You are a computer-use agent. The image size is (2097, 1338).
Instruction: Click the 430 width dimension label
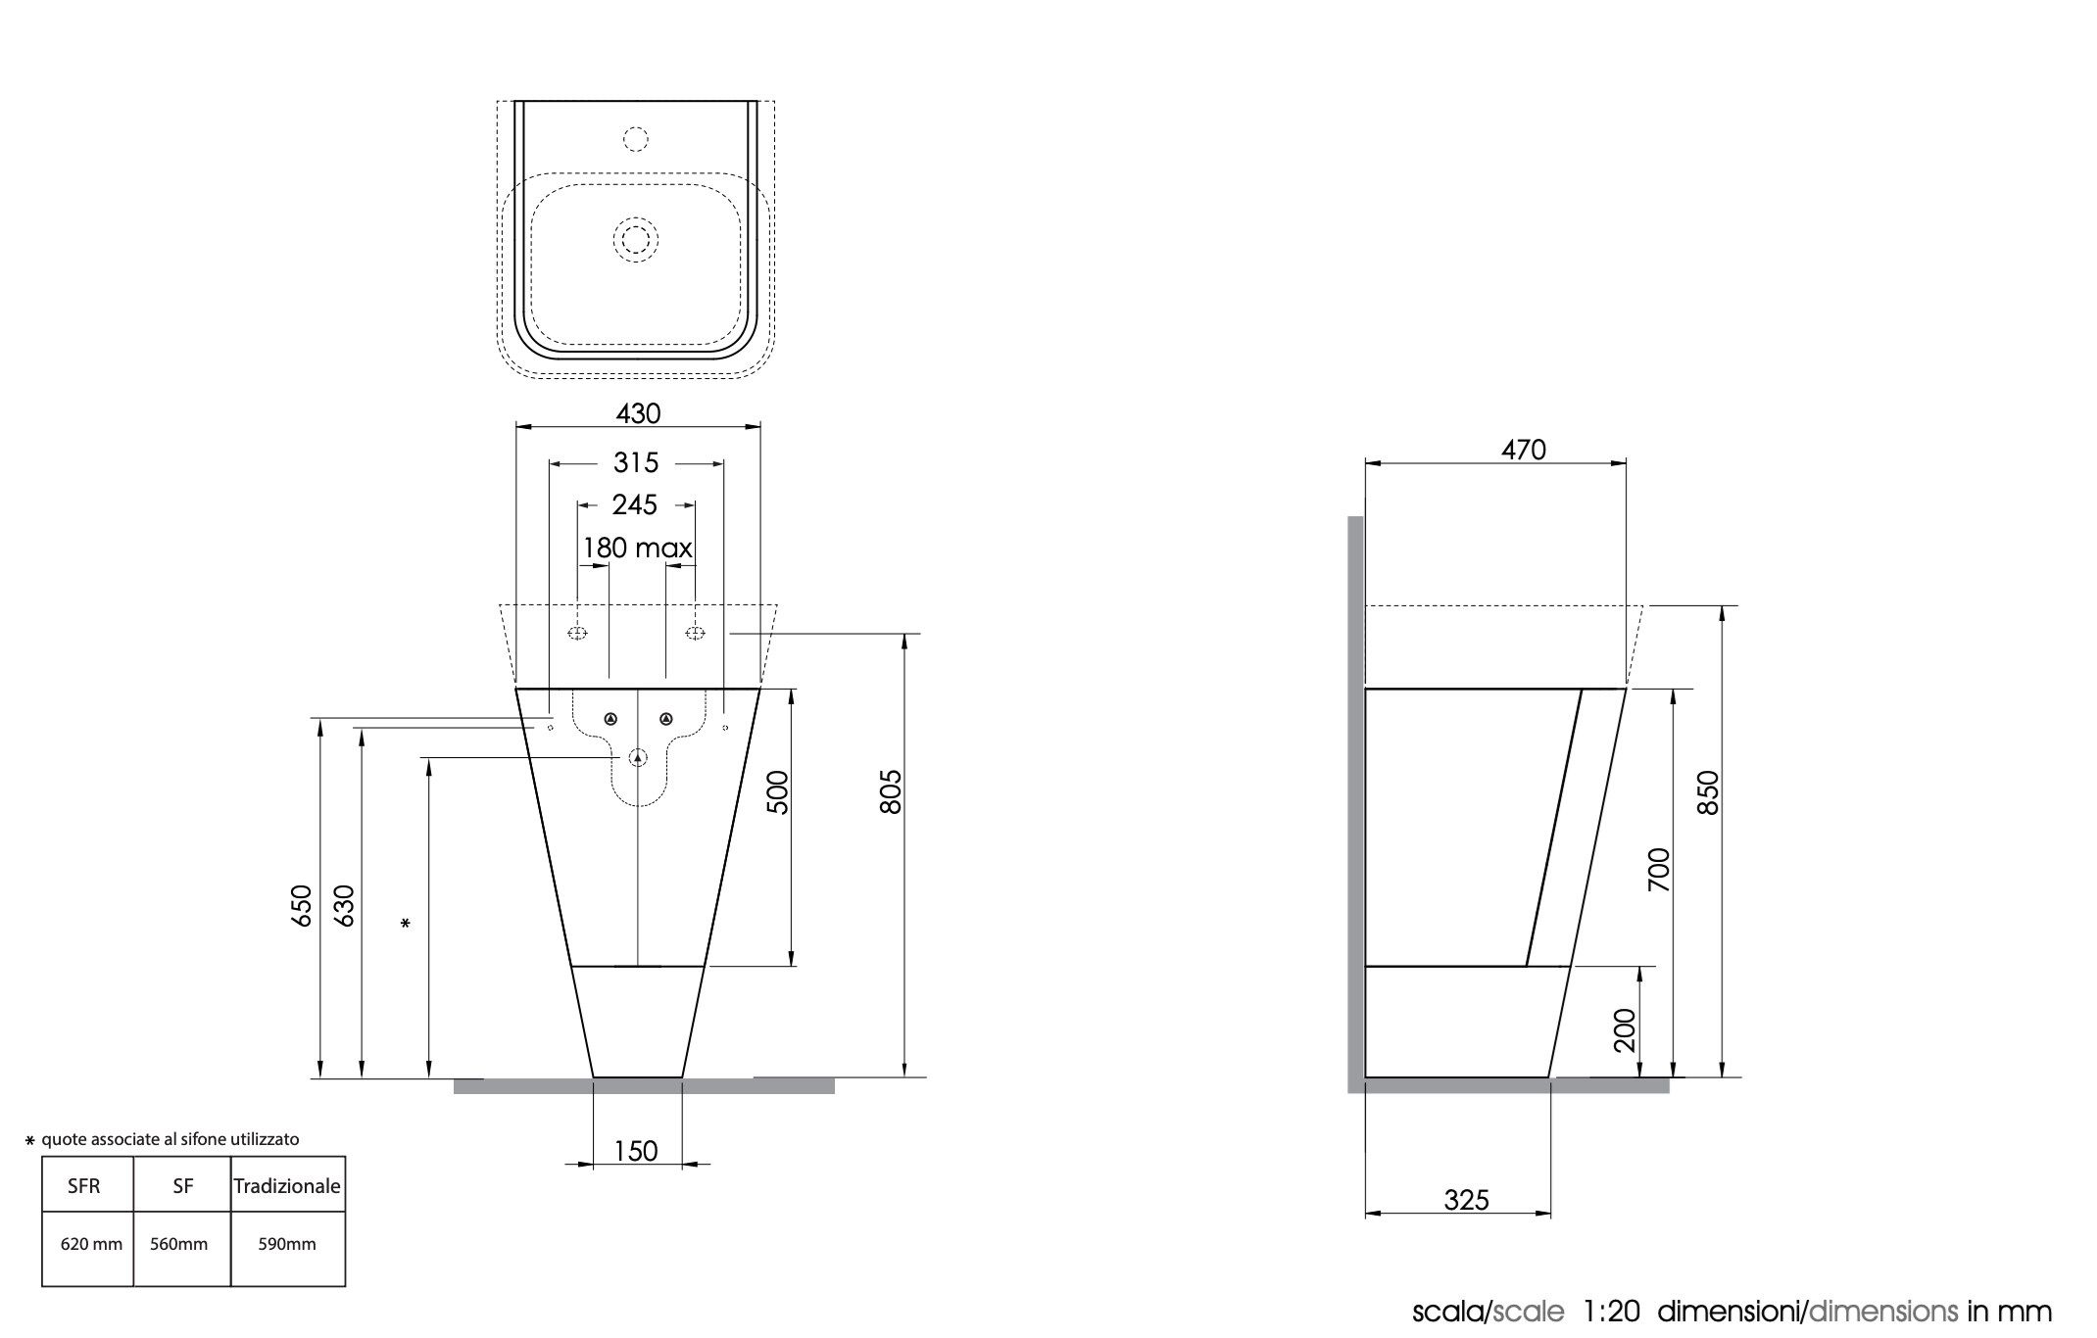pyautogui.click(x=638, y=413)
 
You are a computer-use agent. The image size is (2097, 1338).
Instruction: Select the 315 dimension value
pyautogui.click(x=636, y=462)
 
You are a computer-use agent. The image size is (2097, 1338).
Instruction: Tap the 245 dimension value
pyautogui.click(x=635, y=504)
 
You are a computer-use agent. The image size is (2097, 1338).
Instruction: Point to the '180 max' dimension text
pyautogui.click(x=638, y=548)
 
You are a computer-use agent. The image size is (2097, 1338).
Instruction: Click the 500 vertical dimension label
pyautogui.click(x=777, y=792)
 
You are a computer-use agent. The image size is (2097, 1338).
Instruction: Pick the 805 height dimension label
pyautogui.click(x=890, y=792)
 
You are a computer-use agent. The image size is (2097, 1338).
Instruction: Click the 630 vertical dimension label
pyautogui.click(x=343, y=905)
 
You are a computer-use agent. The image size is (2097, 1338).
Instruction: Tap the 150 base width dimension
pyautogui.click(x=636, y=1151)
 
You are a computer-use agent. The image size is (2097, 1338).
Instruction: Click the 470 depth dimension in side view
pyautogui.click(x=1524, y=450)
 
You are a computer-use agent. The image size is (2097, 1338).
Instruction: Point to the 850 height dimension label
pyautogui.click(x=1707, y=792)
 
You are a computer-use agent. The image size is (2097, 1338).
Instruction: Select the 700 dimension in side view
pyautogui.click(x=1658, y=870)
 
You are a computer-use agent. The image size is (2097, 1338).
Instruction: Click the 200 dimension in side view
pyautogui.click(x=1624, y=1030)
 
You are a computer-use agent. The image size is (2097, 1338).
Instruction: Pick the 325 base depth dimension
pyautogui.click(x=1466, y=1200)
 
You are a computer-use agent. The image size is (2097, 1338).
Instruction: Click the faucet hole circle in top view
pyautogui.click(x=636, y=139)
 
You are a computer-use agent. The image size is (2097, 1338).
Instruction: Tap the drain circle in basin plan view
pyautogui.click(x=636, y=239)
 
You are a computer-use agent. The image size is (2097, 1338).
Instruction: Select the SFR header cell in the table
pyautogui.click(x=84, y=1186)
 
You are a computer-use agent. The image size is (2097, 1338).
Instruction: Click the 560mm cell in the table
pyautogui.click(x=179, y=1244)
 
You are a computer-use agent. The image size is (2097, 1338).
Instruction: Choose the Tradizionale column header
pyautogui.click(x=287, y=1186)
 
